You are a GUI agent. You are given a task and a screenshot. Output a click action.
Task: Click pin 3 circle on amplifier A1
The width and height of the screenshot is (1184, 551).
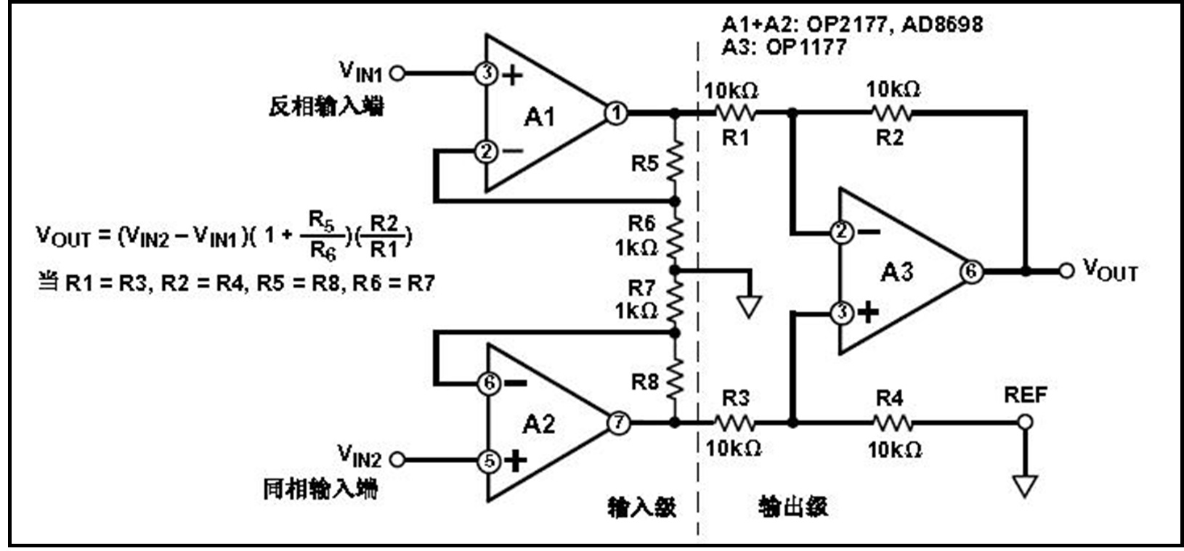(x=486, y=73)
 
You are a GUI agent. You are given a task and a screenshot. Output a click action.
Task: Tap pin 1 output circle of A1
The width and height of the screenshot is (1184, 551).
(x=616, y=113)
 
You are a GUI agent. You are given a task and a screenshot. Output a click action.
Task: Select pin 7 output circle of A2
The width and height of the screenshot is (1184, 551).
(x=618, y=423)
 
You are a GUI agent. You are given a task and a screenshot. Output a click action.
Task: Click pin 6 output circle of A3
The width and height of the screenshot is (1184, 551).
(x=971, y=272)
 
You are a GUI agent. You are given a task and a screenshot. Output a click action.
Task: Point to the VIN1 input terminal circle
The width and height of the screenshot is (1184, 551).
(x=397, y=73)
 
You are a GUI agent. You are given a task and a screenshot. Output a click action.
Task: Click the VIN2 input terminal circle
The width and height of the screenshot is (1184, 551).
(x=397, y=460)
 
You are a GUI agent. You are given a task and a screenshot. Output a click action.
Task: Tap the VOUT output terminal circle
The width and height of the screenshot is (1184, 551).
(x=1066, y=271)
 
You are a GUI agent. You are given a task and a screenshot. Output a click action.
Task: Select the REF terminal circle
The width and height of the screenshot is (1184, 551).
(x=1025, y=422)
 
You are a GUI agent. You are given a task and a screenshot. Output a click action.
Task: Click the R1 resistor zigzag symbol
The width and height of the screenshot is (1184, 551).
(x=735, y=113)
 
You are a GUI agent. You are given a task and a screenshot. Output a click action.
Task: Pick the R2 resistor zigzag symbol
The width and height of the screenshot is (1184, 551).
(x=891, y=113)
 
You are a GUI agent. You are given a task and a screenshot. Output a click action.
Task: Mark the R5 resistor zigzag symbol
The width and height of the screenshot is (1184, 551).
(x=675, y=163)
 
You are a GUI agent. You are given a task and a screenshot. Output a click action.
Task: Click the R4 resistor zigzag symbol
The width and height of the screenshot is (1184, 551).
(x=891, y=422)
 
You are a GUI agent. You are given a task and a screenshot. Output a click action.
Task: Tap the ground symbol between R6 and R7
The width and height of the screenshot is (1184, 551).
(x=749, y=306)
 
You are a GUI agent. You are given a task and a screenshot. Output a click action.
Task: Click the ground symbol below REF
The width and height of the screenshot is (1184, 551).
(x=1025, y=485)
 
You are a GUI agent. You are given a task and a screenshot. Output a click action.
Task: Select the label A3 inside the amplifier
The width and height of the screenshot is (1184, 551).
(x=897, y=272)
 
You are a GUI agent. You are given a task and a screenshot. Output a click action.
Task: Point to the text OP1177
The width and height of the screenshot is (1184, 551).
(x=806, y=47)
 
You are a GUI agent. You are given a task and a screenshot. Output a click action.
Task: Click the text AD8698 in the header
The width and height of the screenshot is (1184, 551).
(x=942, y=25)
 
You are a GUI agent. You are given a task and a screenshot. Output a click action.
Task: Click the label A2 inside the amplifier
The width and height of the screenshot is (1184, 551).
(x=538, y=424)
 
